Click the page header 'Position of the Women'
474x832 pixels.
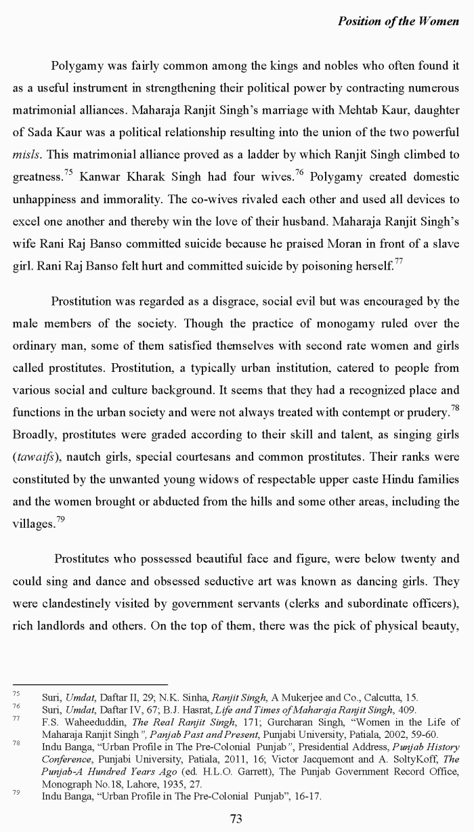(x=398, y=21)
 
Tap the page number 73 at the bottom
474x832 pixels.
(x=236, y=818)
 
